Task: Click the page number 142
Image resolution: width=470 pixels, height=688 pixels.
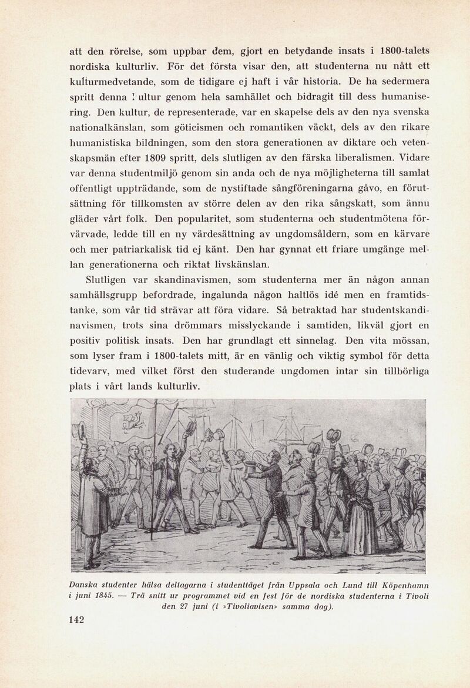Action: coord(76,620)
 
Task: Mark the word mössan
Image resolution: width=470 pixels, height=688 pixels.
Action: coord(408,340)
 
